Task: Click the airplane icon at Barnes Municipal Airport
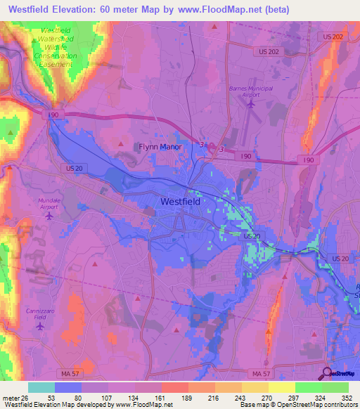[x=251, y=103]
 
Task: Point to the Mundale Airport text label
[x=49, y=203]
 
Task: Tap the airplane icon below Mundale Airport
[x=49, y=216]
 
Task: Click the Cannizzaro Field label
[x=39, y=313]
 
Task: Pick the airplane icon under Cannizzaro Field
[x=39, y=326]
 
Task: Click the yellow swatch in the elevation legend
[x=281, y=387]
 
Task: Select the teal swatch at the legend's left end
[x=41, y=387]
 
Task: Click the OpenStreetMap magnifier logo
[x=328, y=373]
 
